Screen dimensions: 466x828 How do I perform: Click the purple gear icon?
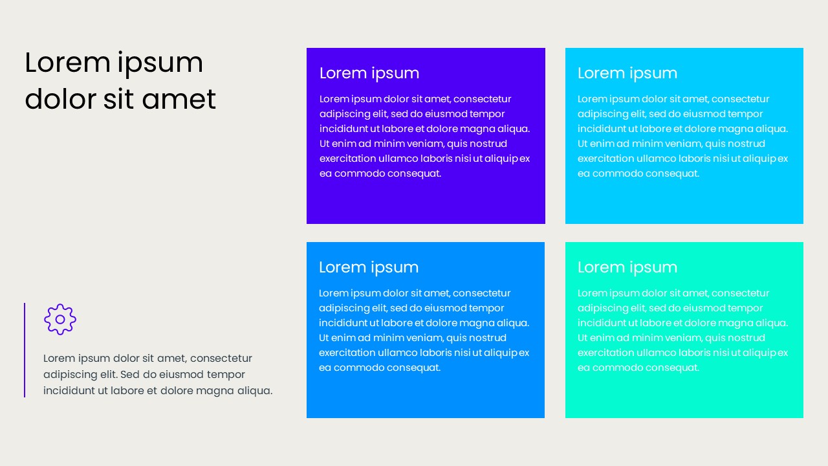click(x=60, y=319)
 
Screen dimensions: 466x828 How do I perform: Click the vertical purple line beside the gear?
click(x=25, y=349)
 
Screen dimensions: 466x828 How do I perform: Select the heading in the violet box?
click(x=369, y=73)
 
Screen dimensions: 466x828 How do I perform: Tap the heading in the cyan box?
click(x=627, y=73)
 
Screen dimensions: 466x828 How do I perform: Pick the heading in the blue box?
click(x=369, y=267)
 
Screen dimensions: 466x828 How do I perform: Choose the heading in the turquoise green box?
click(x=627, y=267)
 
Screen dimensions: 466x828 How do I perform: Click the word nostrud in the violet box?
click(x=486, y=144)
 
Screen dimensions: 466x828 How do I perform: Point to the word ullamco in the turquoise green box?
click(x=654, y=353)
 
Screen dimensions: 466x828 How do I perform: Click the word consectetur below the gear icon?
click(x=221, y=359)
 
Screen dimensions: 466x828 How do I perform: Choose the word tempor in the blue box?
click(x=486, y=308)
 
